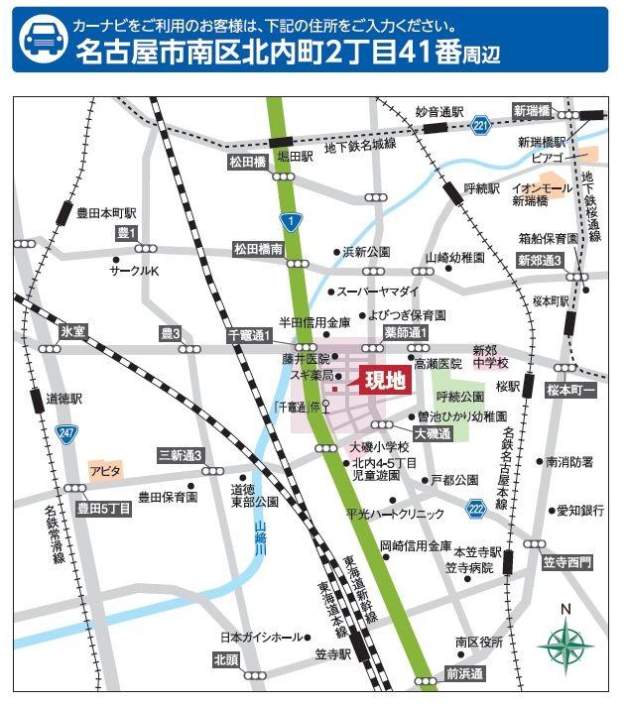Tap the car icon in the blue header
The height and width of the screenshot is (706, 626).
coord(41,40)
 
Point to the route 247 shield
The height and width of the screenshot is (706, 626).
coord(67,433)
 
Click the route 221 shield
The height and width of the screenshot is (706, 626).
coord(481,126)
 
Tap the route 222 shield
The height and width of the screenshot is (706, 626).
coord(476,508)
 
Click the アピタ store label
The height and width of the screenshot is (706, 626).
coord(104,469)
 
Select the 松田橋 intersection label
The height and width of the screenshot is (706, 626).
coord(248,162)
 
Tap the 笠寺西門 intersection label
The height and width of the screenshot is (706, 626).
coord(566,562)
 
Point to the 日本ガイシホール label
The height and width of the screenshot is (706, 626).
coord(260,637)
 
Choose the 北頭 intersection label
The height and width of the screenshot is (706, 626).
coord(226,658)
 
